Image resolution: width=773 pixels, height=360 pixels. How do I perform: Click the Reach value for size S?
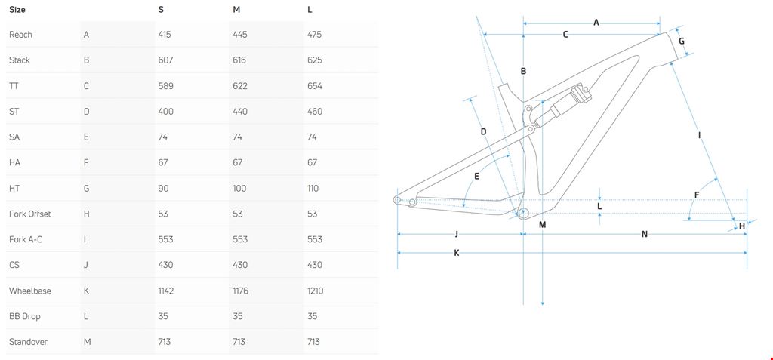(165, 35)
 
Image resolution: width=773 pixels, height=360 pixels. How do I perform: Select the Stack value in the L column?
(315, 60)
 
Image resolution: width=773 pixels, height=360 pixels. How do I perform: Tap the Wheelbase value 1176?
(242, 291)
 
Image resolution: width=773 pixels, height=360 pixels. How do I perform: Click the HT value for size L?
(313, 189)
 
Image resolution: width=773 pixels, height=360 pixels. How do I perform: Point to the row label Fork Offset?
(30, 214)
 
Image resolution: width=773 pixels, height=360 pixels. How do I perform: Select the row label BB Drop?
(25, 316)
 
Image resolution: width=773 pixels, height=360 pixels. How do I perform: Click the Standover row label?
(28, 342)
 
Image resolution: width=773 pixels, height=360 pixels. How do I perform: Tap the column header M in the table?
(236, 10)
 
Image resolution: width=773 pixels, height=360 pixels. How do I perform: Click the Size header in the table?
(17, 10)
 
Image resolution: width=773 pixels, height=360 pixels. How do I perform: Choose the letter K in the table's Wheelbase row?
(86, 291)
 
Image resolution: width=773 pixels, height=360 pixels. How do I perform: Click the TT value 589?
(166, 86)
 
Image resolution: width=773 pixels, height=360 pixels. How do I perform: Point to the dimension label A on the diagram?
(596, 23)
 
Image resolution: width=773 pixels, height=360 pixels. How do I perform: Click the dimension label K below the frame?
(457, 253)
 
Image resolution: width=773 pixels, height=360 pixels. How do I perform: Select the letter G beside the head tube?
(682, 41)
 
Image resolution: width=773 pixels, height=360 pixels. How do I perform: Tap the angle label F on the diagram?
(697, 195)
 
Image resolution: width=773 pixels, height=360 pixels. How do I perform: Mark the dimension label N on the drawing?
(644, 234)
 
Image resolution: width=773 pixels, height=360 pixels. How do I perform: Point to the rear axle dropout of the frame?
(398, 199)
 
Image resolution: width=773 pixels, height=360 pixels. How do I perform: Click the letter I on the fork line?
(700, 135)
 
